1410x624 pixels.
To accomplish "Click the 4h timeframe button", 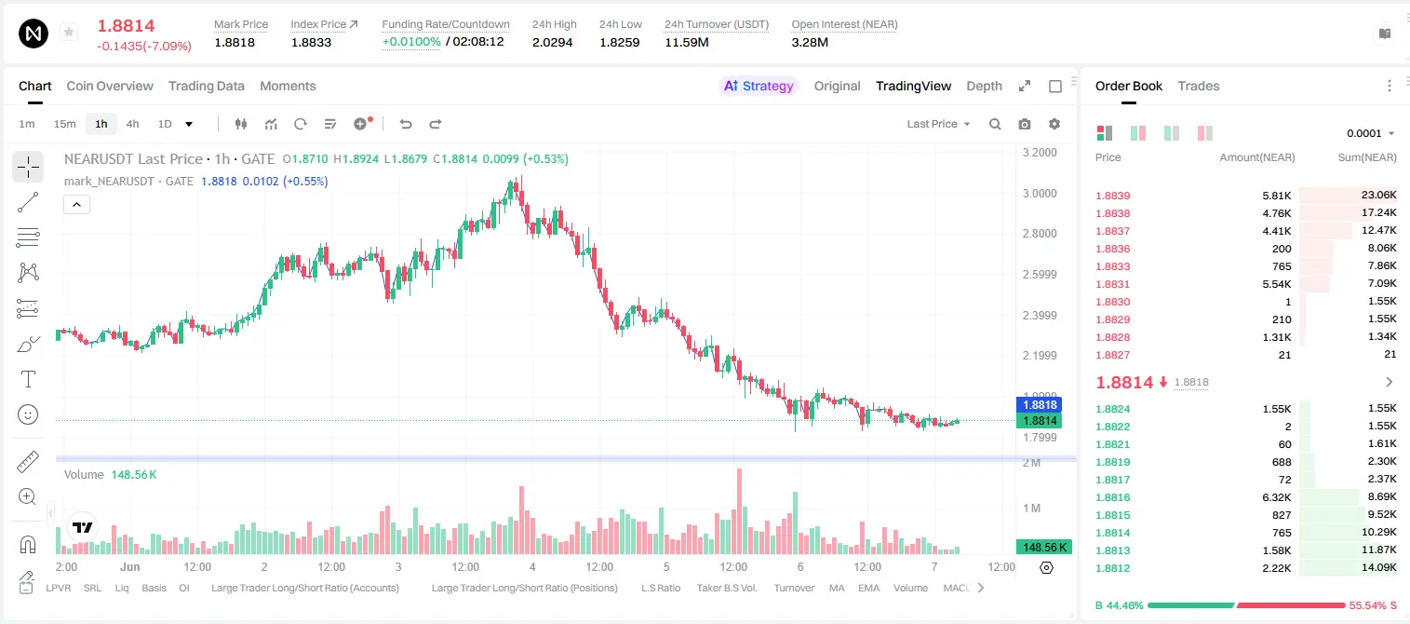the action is tap(132, 124).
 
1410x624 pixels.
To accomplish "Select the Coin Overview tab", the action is tap(110, 86).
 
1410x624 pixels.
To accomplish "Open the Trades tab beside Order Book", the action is tap(1199, 86).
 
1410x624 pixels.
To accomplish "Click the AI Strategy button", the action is tap(759, 86).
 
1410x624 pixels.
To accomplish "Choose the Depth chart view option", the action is tap(984, 86).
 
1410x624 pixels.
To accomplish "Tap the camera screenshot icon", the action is tap(1025, 124).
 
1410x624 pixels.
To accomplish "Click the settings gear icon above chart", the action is tap(1054, 124).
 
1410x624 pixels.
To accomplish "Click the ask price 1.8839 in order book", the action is tap(1112, 196).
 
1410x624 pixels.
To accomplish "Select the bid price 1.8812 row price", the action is tap(1112, 568).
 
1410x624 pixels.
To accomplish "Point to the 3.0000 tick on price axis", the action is tap(1040, 194).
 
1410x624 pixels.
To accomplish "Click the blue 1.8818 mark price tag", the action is tap(1040, 405).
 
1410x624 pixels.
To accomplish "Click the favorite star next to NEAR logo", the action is tap(69, 32).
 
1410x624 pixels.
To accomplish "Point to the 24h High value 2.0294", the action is tap(552, 42).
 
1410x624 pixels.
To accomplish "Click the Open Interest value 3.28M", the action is tap(810, 42).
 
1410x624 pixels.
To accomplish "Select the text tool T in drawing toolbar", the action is tap(28, 379).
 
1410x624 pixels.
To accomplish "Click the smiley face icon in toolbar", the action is tap(28, 414).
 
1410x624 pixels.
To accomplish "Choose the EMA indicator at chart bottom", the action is tap(868, 588).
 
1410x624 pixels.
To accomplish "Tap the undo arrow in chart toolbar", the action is tap(406, 124).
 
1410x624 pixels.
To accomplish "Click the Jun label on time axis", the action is tap(129, 566).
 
